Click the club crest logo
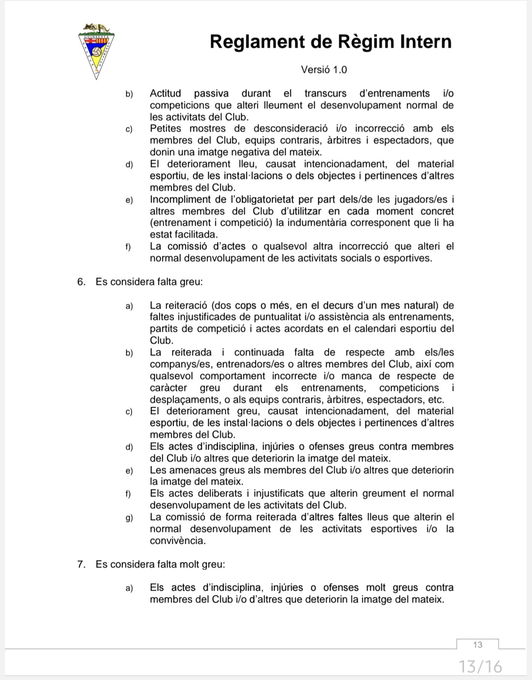[x=97, y=50]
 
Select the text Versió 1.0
[x=324, y=70]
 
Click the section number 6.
[x=81, y=282]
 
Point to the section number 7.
[x=81, y=564]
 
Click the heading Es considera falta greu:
[x=149, y=282]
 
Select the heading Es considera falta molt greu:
[x=160, y=564]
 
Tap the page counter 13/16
[x=480, y=667]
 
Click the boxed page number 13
[x=477, y=644]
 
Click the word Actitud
[x=166, y=93]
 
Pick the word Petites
[x=166, y=129]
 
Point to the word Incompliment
[x=180, y=200]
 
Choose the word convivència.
[x=178, y=540]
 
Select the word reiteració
[x=181, y=305]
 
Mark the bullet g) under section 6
[x=129, y=517]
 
